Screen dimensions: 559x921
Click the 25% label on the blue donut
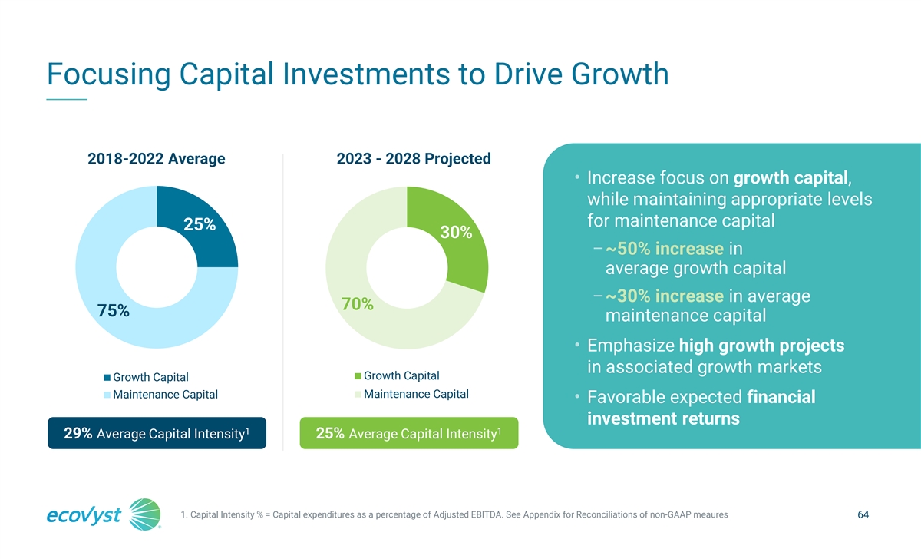tap(200, 225)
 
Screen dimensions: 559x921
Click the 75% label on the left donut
tap(114, 311)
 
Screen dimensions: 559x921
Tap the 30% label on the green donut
tap(455, 233)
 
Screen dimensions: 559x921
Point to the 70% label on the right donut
tap(357, 305)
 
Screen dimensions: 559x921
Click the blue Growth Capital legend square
tap(107, 377)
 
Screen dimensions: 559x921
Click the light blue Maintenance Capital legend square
tap(107, 395)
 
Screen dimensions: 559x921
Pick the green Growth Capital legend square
tap(358, 376)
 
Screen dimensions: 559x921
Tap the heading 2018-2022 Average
tap(157, 159)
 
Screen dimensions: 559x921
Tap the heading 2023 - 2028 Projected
tap(414, 159)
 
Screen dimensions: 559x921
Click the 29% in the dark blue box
tap(78, 434)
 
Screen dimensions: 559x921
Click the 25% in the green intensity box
tap(330, 434)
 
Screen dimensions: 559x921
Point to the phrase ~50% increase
tap(665, 250)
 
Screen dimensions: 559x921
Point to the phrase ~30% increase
tap(665, 296)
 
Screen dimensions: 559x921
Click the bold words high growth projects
tap(761, 346)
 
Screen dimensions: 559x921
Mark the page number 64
tap(862, 514)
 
